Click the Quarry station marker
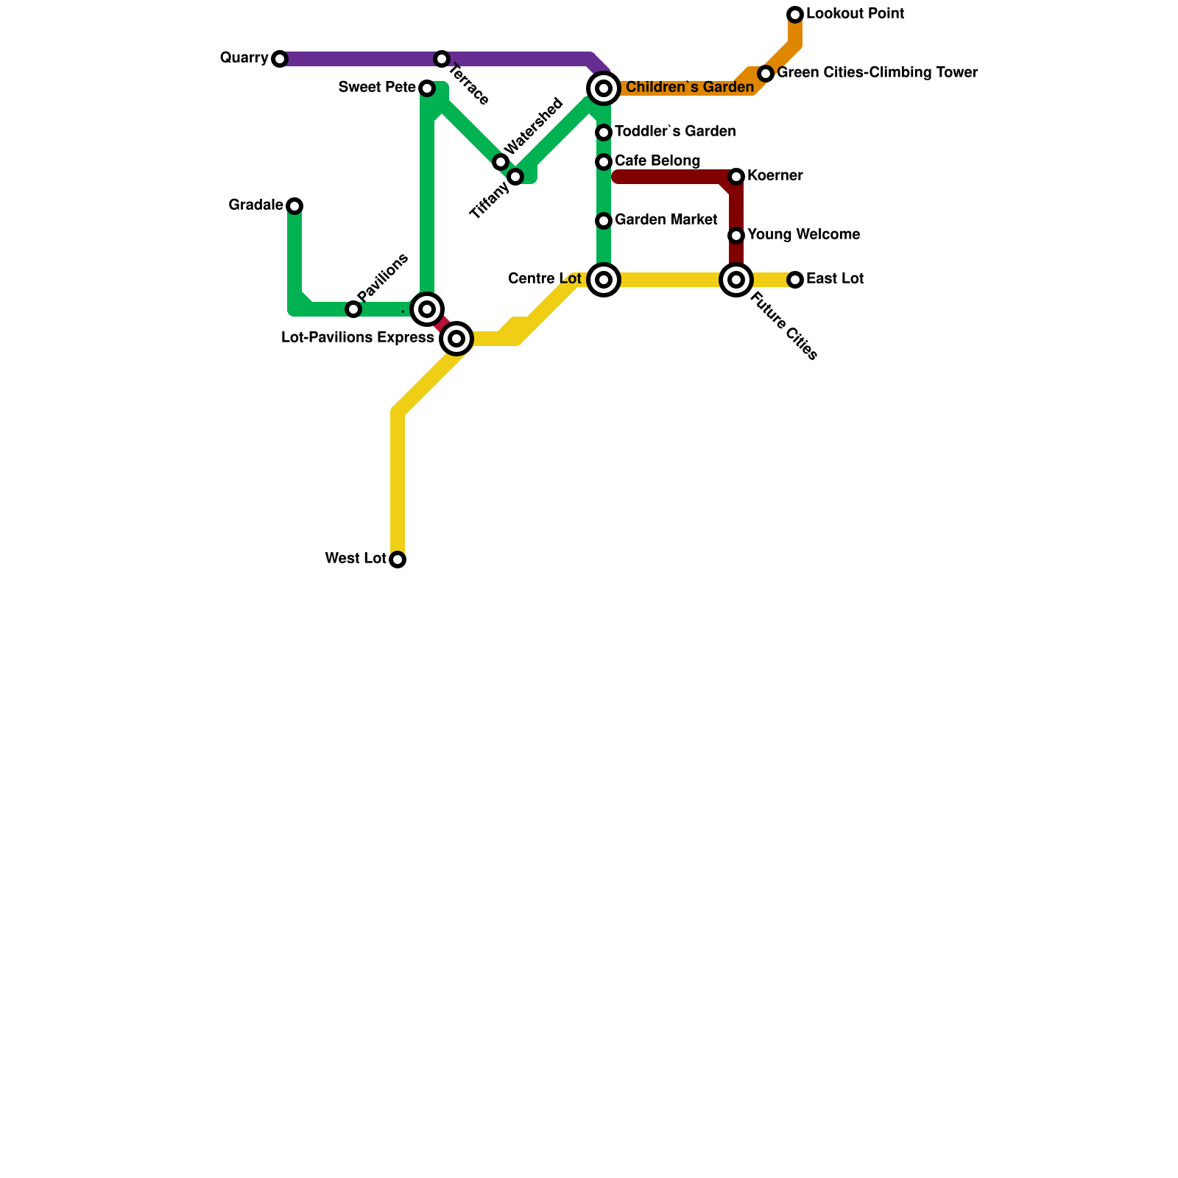click(x=280, y=59)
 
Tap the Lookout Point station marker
click(x=795, y=15)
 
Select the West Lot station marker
click(x=398, y=560)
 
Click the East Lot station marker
click(x=795, y=280)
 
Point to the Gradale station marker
click(x=294, y=206)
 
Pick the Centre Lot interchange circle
click(x=604, y=280)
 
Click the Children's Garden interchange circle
click(x=604, y=88)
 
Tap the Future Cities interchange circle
click(x=736, y=280)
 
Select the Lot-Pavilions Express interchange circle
click(x=456, y=339)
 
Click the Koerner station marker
click(x=736, y=177)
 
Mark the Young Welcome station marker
click(x=736, y=236)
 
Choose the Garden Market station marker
click(x=604, y=221)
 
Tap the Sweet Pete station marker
click(x=427, y=88)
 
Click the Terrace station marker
click(x=442, y=59)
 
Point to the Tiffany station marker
click(x=515, y=177)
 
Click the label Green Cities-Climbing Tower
click(x=877, y=73)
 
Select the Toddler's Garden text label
click(x=675, y=132)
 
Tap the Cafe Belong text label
click(x=657, y=161)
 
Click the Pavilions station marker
click(x=353, y=309)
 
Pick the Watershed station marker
click(x=501, y=162)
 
